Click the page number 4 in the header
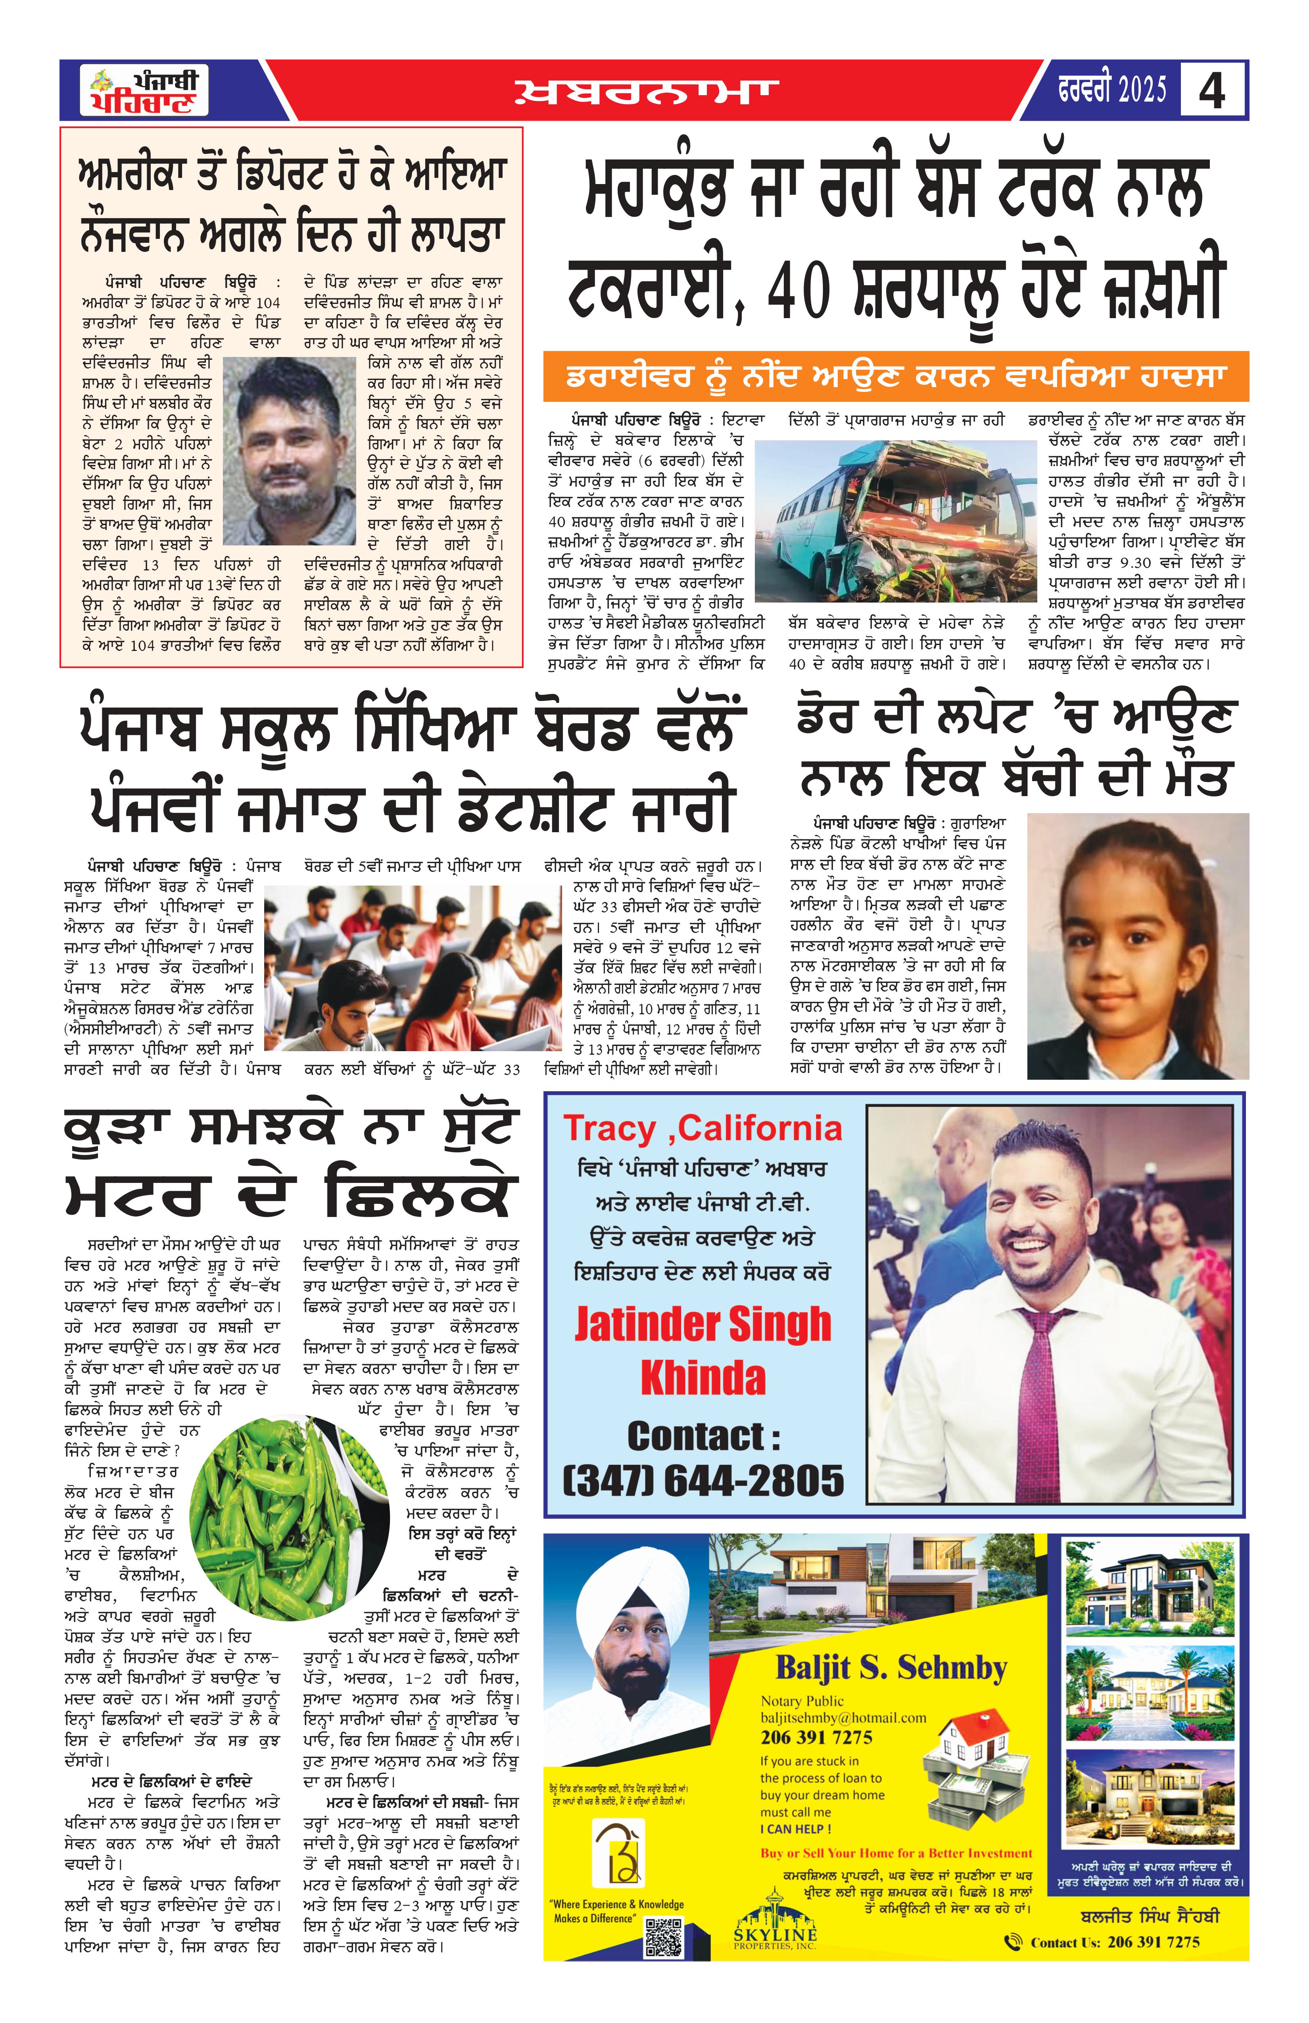coord(1212,90)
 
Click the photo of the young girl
coord(1137,945)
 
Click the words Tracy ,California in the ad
coord(702,1128)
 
